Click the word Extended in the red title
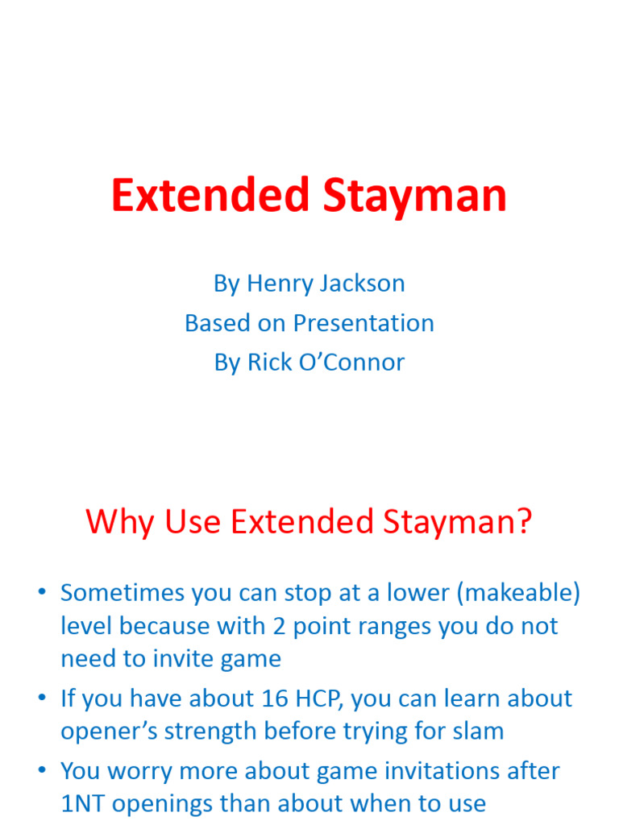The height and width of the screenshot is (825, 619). (x=210, y=196)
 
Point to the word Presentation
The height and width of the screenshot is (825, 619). (x=364, y=323)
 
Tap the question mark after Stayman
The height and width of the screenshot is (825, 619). (x=525, y=522)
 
